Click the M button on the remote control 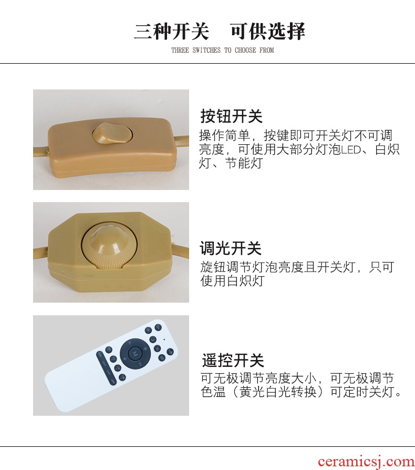tap(134, 353)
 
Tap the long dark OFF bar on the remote tap(106, 367)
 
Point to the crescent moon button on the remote tap(153, 339)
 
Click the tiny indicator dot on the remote tap(164, 339)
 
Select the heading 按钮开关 tap(231, 116)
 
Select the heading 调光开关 tap(231, 248)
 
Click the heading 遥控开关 tap(233, 361)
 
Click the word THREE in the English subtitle tap(180, 50)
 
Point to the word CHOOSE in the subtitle tap(245, 50)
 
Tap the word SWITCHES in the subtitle tap(206, 50)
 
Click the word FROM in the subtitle tap(266, 50)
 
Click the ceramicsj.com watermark tap(366, 462)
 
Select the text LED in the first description tap(351, 149)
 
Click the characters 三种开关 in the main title tap(171, 31)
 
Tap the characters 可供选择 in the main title tap(268, 31)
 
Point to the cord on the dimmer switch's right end tap(180, 249)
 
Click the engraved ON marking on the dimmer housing tap(128, 220)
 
